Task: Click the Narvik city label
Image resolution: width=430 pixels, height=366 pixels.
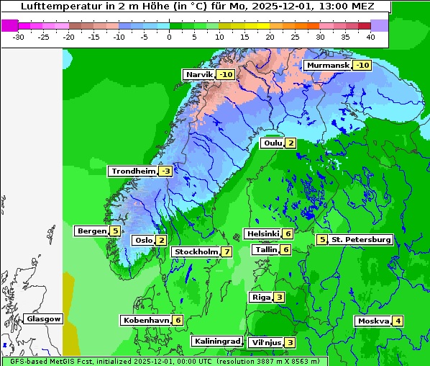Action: pos(199,74)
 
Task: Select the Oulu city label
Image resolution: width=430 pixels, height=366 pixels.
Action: pos(273,143)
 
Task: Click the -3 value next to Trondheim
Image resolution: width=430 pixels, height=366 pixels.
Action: pos(165,171)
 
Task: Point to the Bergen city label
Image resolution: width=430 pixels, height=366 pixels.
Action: pos(91,231)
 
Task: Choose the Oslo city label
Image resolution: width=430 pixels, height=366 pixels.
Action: pos(143,240)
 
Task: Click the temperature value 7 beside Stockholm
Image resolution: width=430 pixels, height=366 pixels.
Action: pos(227,251)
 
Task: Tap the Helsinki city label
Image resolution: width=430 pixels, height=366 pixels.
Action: pos(262,233)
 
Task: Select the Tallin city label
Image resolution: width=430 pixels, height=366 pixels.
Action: pos(266,249)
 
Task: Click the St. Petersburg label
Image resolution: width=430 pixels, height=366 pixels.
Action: pos(360,239)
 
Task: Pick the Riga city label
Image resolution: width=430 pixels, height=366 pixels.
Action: pos(260,297)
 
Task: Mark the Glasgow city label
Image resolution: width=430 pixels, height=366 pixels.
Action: pos(43,318)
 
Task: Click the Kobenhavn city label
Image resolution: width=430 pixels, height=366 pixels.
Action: pos(146,319)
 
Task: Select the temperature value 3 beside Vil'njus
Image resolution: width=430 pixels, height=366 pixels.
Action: pos(290,342)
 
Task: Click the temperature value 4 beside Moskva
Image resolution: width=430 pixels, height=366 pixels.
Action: pos(398,321)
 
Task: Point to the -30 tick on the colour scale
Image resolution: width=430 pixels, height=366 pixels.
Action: pos(19,37)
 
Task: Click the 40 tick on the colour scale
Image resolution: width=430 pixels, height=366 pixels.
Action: pos(370,37)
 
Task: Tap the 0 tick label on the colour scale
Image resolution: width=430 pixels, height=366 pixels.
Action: pos(169,37)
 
